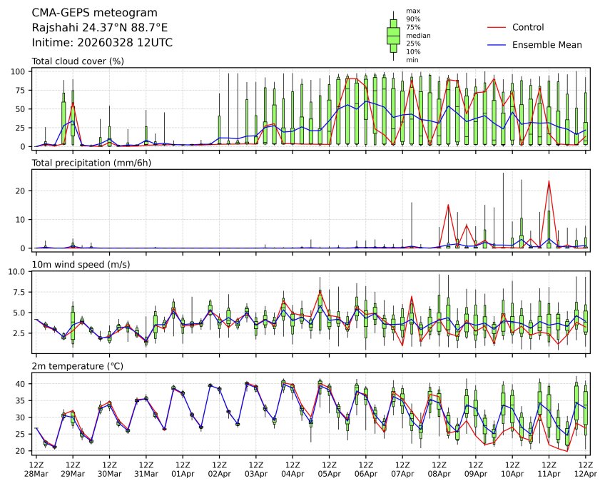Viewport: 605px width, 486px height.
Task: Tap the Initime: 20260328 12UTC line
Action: pyautogui.click(x=102, y=43)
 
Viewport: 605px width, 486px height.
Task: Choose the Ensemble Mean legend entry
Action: pyautogui.click(x=547, y=45)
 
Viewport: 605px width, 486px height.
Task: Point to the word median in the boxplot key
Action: pyautogui.click(x=418, y=35)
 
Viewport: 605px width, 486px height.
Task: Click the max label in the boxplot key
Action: pyautogui.click(x=412, y=11)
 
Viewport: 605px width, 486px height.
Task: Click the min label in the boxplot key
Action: pyautogui.click(x=412, y=60)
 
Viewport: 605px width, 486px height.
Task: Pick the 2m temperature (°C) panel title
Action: pyautogui.click(x=78, y=367)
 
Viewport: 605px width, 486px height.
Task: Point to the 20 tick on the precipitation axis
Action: pyautogui.click(x=21, y=191)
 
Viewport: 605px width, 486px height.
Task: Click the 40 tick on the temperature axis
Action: pyautogui.click(x=21, y=384)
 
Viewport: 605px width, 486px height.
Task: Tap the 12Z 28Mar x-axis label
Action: pyautogui.click(x=36, y=469)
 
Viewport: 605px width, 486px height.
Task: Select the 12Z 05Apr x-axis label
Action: pyautogui.click(x=329, y=469)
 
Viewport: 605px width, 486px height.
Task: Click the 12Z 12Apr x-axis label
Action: pyautogui.click(x=586, y=469)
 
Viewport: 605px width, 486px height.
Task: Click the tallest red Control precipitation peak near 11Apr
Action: pyautogui.click(x=549, y=181)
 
